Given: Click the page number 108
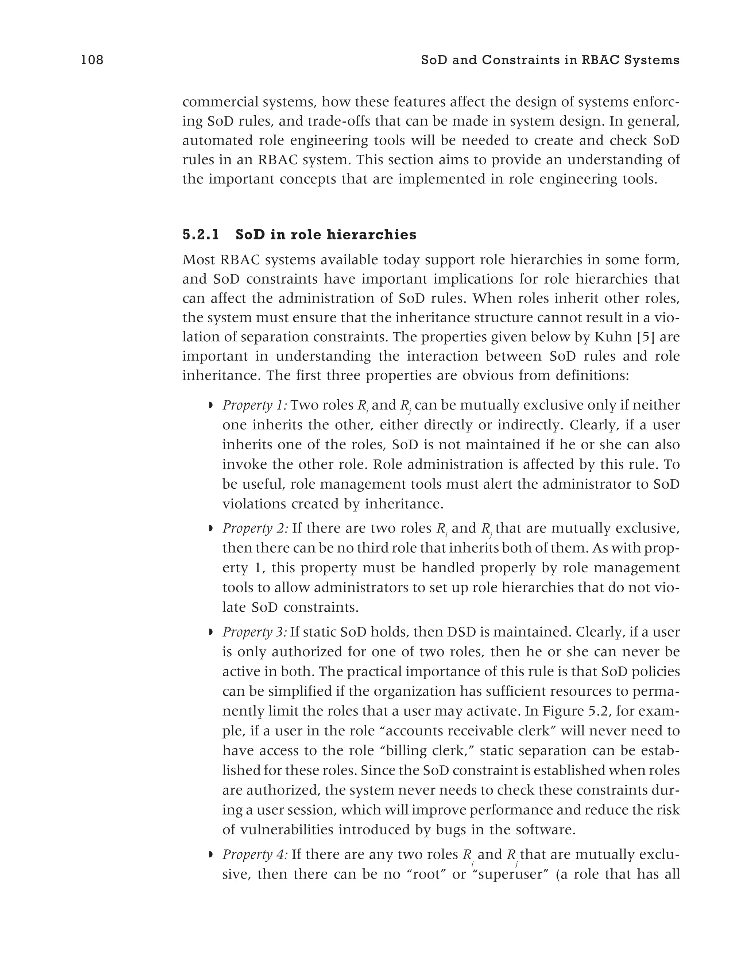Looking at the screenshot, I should (92, 60).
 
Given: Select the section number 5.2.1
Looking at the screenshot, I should (201, 235).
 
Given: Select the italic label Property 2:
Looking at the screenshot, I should (255, 528).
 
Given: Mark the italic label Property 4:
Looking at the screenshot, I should (255, 854).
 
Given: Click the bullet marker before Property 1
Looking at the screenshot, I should (210, 405).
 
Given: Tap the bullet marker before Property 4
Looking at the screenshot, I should (210, 854).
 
